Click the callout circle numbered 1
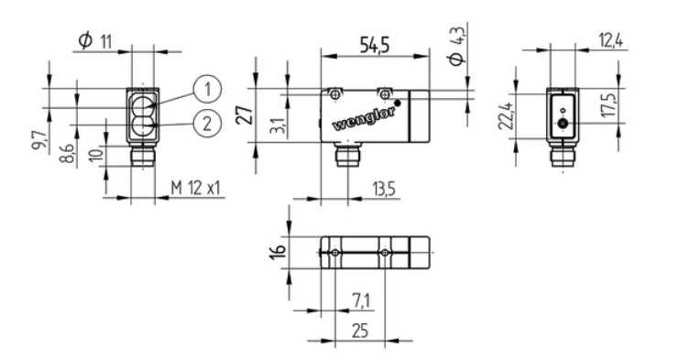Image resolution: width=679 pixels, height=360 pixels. (207, 89)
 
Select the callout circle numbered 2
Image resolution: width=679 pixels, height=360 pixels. (207, 124)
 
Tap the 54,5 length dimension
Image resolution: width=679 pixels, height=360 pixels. (375, 44)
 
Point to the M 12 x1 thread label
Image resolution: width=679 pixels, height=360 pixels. (196, 188)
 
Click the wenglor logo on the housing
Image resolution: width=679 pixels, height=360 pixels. (364, 118)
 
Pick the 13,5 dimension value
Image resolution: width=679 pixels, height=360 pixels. (383, 189)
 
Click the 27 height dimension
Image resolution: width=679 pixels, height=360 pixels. (246, 115)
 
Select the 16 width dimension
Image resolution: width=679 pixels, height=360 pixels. (279, 251)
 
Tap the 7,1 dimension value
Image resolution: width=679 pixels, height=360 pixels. (361, 300)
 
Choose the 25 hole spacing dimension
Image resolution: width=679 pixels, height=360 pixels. (360, 331)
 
